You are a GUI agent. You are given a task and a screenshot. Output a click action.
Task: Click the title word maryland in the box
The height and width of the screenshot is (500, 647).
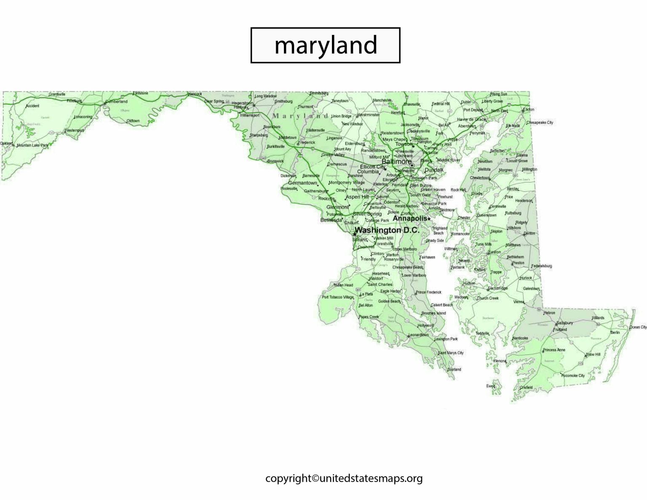325,45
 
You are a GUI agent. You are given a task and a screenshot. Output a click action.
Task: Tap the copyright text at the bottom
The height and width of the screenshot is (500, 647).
344,479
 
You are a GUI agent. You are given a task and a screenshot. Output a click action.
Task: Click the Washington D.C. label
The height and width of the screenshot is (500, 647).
387,230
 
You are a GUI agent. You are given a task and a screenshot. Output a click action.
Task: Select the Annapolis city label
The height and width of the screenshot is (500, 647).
410,219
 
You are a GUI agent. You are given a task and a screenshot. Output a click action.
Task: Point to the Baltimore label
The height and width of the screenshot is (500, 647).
396,161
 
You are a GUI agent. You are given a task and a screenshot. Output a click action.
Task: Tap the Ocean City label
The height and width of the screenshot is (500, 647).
638,327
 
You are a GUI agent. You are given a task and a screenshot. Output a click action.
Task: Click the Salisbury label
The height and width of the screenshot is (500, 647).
564,323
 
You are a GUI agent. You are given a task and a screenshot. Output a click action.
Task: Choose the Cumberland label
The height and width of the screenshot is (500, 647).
117,102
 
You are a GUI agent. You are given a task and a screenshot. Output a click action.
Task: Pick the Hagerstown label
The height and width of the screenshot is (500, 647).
243,103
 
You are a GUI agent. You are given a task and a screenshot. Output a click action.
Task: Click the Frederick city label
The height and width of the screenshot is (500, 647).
307,142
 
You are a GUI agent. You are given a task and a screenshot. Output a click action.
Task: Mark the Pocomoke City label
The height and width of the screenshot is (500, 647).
573,375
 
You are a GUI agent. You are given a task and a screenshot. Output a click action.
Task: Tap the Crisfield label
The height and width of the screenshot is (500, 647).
526,387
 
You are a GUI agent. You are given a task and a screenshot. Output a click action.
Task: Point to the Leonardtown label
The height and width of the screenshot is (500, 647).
418,335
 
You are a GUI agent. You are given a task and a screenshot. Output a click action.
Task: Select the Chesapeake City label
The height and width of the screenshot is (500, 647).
540,123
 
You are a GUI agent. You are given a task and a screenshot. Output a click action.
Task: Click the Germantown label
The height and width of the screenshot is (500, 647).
302,183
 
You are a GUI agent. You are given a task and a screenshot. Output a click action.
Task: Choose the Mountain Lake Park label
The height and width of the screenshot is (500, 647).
32,145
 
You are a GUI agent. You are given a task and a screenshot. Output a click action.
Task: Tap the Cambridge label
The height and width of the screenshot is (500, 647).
498,289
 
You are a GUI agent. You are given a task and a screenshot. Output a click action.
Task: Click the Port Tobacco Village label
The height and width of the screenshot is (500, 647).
338,297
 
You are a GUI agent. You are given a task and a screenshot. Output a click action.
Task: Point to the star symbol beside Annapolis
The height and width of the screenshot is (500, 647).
429,219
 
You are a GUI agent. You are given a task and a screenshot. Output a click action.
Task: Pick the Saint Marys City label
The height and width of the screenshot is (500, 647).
451,353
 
